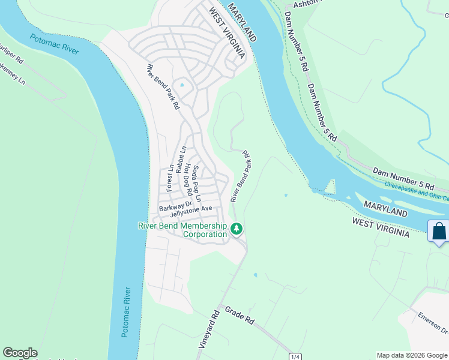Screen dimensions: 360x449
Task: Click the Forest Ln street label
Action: [x=170, y=178]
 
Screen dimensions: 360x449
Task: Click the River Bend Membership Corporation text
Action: [x=182, y=230]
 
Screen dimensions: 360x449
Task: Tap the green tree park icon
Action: [x=237, y=229]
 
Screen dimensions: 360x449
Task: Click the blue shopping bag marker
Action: [x=439, y=232]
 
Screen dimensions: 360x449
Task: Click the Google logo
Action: [x=20, y=353]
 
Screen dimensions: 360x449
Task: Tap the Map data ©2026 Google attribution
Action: [x=412, y=355]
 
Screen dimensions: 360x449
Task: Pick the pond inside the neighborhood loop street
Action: [x=182, y=85]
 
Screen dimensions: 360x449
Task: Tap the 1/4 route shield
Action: [x=295, y=356]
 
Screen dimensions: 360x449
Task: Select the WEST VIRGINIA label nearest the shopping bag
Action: [x=381, y=227]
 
